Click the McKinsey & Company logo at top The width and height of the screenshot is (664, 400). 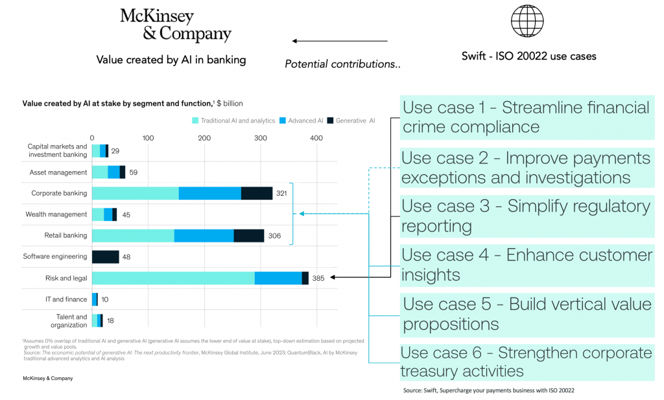tap(175, 25)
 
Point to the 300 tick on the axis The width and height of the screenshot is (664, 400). tap(260, 138)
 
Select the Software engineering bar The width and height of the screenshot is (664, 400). tap(106, 257)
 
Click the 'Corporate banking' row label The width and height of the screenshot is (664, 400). tap(59, 193)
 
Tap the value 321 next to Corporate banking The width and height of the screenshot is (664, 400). tap(281, 193)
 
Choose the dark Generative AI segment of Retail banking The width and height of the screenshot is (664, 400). tap(248, 235)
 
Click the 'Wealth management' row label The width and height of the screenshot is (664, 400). tap(56, 215)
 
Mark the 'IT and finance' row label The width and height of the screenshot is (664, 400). tap(66, 299)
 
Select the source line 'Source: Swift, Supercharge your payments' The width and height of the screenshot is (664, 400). tap(488, 390)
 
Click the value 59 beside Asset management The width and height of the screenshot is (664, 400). tap(134, 172)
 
